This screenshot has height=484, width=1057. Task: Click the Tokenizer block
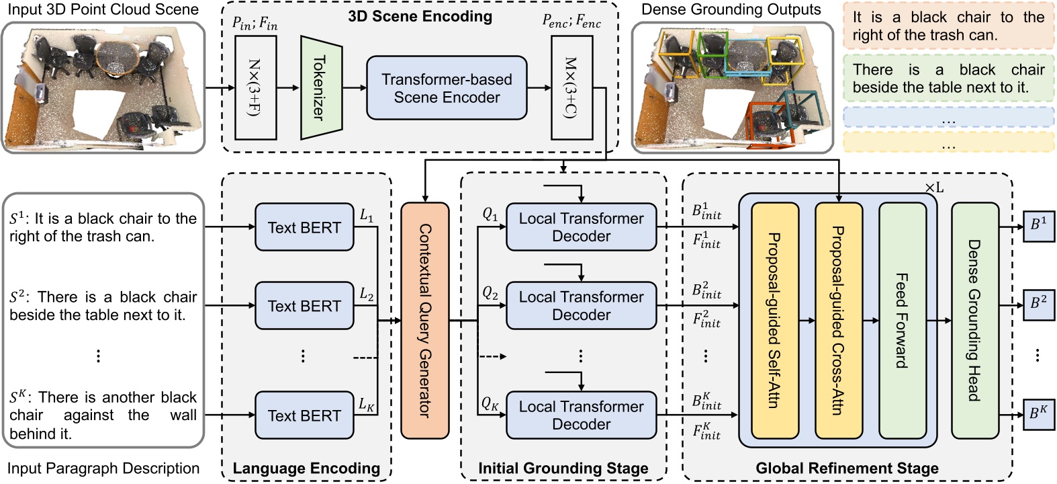pos(321,88)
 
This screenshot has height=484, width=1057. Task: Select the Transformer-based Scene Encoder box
pos(447,88)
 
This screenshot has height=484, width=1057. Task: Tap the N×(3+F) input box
pos(256,88)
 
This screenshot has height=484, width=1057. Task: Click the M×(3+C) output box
pos(571,88)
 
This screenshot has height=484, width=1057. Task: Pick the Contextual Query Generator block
pos(424,321)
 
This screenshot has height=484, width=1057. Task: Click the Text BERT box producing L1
pos(304,228)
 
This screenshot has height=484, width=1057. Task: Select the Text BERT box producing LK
pos(304,416)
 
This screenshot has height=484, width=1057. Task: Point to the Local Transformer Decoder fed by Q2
pos(581,306)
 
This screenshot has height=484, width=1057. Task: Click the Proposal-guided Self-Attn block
pos(775,321)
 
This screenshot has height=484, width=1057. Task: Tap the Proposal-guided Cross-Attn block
pos(839,321)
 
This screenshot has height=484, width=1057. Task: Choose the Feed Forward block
pos(903,321)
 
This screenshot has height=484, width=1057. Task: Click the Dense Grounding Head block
pos(974,321)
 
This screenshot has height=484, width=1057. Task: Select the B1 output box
pos(1038,225)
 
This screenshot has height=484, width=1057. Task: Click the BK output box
pos(1038,413)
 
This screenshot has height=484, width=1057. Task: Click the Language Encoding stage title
pos(306,469)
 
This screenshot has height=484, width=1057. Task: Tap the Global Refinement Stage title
pos(847,469)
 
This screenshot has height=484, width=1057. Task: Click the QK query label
pos(490,404)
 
